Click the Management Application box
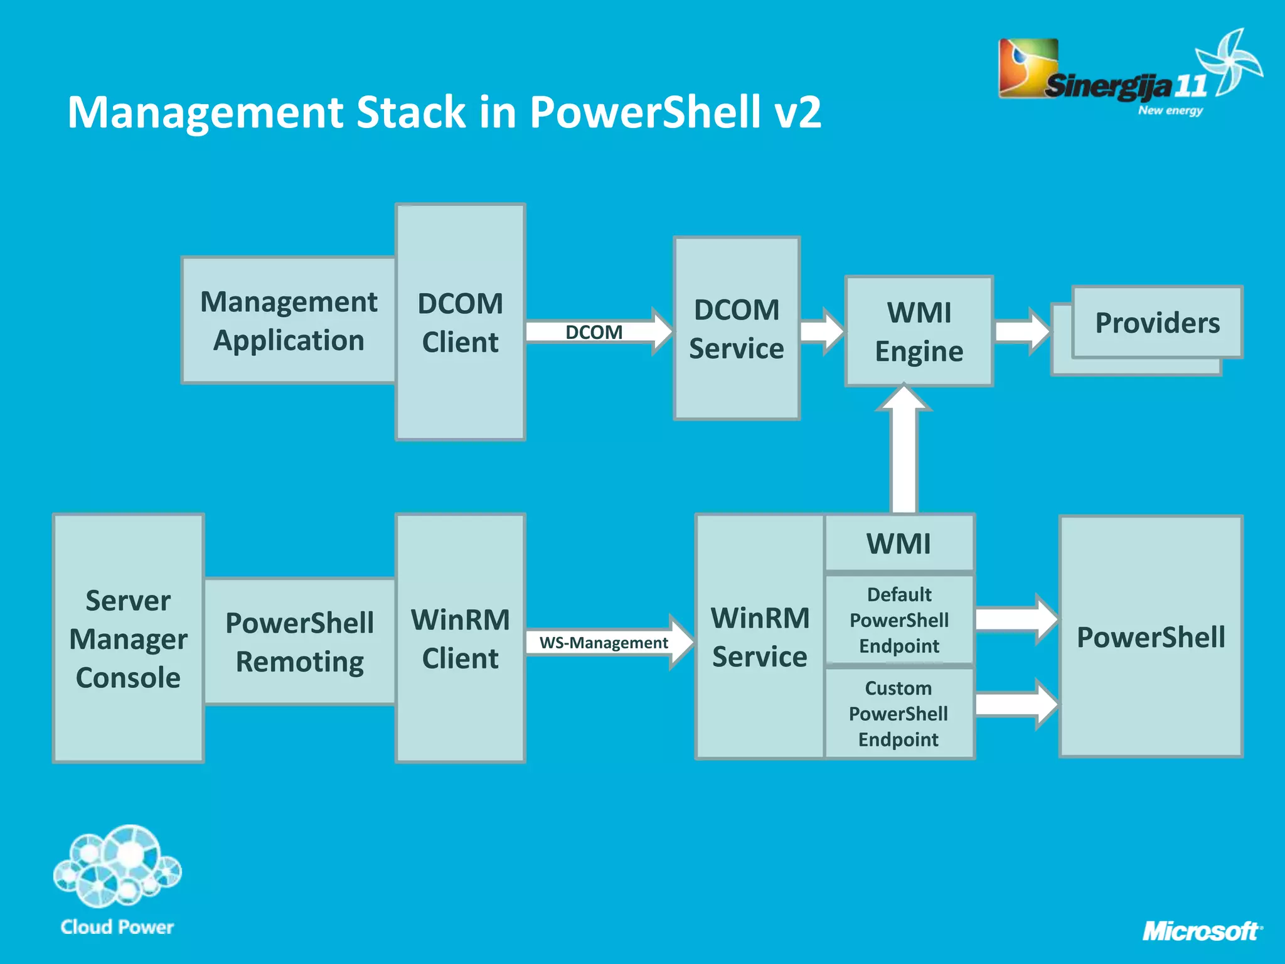[x=289, y=320]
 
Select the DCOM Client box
[x=460, y=322]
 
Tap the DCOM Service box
[x=737, y=328]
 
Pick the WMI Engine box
[x=919, y=331]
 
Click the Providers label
[x=1157, y=323]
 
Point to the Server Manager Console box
[x=129, y=638]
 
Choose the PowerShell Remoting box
[x=300, y=641]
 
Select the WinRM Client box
[x=460, y=638]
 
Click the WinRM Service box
[x=760, y=636]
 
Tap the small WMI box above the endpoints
[x=899, y=543]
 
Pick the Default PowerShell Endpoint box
[x=899, y=619]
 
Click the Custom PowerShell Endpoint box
[x=899, y=714]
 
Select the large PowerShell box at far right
[x=1151, y=636]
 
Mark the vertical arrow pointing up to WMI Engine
[x=904, y=452]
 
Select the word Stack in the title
[x=411, y=112]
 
